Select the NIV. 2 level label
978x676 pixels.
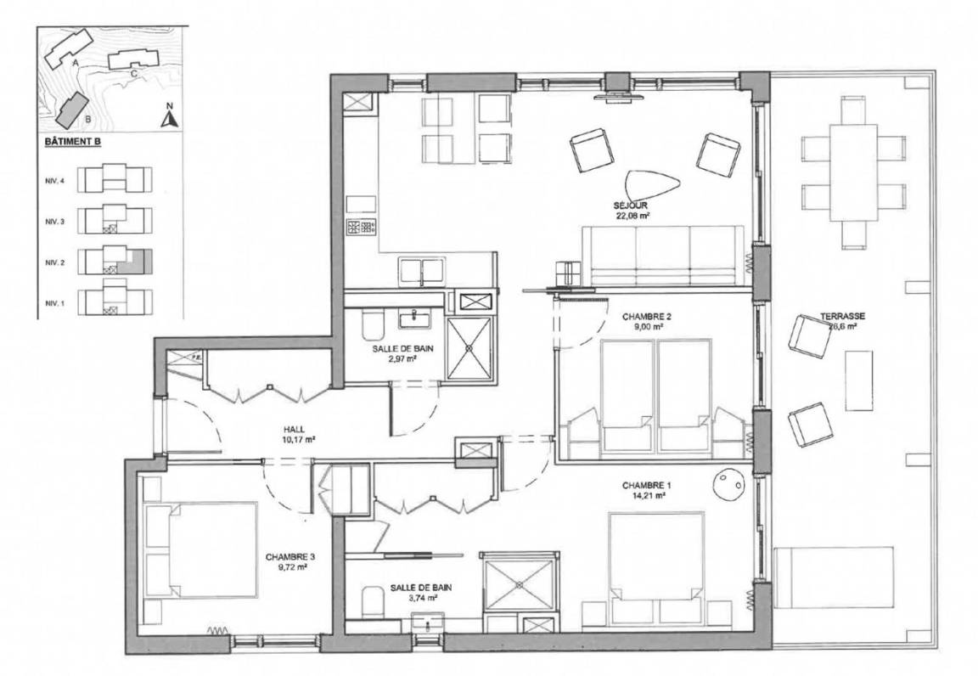(x=54, y=262)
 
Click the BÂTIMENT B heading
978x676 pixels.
(x=73, y=142)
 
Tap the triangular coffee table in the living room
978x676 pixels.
(x=652, y=185)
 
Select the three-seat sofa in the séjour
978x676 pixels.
(x=663, y=256)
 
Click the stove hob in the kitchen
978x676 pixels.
(x=361, y=228)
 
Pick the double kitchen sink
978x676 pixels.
(x=422, y=271)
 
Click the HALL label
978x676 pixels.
(x=294, y=430)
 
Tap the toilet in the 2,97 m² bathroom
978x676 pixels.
(x=370, y=324)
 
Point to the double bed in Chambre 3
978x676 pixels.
(x=200, y=549)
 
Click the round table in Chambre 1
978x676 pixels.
(x=728, y=484)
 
